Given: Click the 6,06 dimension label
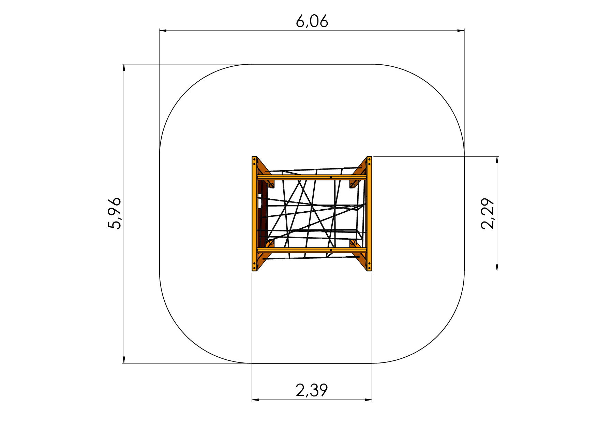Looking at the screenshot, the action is (x=312, y=22).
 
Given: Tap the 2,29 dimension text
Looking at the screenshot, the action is (x=488, y=214).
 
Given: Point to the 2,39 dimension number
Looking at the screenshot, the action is (x=312, y=390).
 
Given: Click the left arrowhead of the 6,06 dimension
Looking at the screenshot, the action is (x=163, y=31).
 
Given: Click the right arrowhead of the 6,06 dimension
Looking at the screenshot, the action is (x=461, y=31).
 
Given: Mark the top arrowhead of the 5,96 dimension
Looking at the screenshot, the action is (x=124, y=68).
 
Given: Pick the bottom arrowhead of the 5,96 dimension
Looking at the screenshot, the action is (x=124, y=360).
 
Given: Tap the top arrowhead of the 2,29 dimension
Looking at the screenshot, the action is (x=497, y=160).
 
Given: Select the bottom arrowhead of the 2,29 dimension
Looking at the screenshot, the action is (x=497, y=267).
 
